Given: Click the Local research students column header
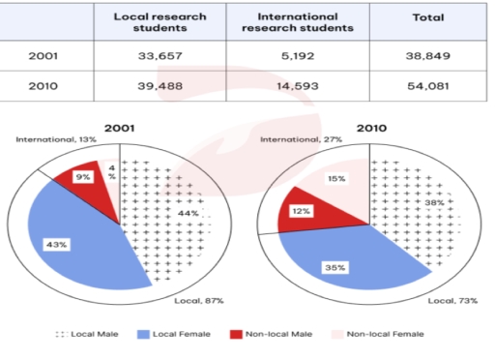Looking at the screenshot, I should pos(151,22).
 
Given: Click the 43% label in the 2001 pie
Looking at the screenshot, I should pos(54,246).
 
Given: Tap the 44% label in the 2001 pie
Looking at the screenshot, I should pos(188,213).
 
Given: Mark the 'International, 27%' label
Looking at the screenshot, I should pos(295,140).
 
